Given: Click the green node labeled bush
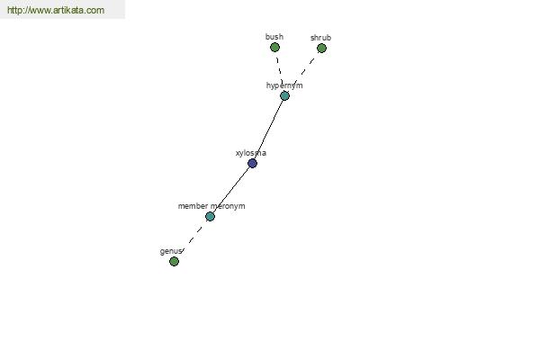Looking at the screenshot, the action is point(274,47).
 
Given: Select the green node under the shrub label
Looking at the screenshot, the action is point(321,49).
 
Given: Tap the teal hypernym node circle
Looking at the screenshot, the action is point(284,95).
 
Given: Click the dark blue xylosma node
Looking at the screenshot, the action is point(252,163).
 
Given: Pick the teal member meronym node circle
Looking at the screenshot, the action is point(210,216).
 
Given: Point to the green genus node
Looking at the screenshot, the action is point(174,262).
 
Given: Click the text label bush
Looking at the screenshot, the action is point(274,37).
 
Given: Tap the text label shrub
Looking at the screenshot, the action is point(320,38).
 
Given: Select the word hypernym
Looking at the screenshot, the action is point(284,85).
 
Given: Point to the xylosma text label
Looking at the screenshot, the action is point(251,153).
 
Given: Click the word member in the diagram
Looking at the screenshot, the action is point(193,206).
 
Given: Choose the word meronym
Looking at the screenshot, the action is point(228,206).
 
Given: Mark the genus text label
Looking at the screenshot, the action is point(170,251).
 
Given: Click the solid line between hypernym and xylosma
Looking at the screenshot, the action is point(268,130).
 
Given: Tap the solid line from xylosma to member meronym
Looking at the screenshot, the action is point(230,190).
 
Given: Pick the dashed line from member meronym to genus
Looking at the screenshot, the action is point(192,238).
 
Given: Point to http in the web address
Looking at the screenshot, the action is point(13,10).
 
